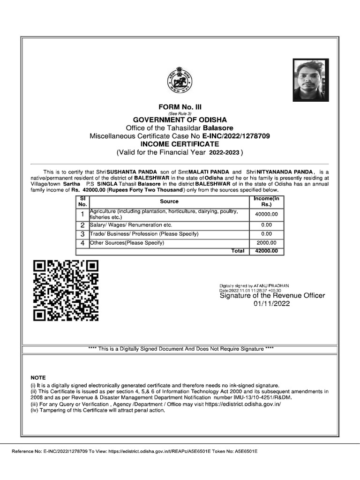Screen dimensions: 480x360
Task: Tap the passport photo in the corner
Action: point(311,80)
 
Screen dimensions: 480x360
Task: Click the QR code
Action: point(66,291)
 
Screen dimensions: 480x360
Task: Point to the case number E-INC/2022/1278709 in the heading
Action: point(236,136)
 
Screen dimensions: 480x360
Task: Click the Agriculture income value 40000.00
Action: point(266,214)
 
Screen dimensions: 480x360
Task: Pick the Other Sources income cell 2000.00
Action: point(266,243)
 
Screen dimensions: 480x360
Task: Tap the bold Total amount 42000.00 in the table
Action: point(266,251)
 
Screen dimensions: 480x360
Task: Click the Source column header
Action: point(169,201)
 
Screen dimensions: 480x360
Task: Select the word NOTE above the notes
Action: point(38,377)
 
